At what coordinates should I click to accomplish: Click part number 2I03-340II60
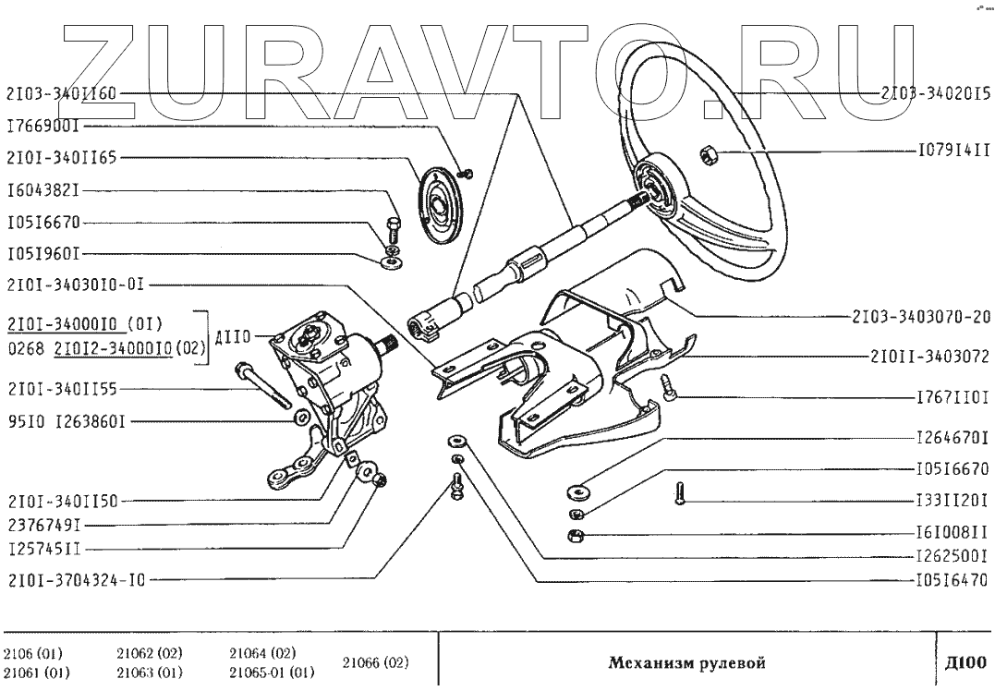[62, 93]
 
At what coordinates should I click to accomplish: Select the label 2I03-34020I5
[934, 93]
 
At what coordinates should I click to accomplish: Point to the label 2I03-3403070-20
[920, 317]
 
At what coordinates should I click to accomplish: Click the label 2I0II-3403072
[928, 356]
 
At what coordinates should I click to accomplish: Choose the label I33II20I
[952, 500]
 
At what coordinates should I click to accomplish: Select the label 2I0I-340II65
[62, 157]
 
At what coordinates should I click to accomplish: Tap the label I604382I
[43, 192]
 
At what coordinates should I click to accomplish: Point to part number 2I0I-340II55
[62, 388]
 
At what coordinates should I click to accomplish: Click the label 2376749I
[43, 524]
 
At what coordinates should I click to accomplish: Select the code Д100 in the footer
[966, 661]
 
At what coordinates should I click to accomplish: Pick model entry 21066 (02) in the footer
[376, 662]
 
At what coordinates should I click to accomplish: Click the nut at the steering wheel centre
[710, 154]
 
